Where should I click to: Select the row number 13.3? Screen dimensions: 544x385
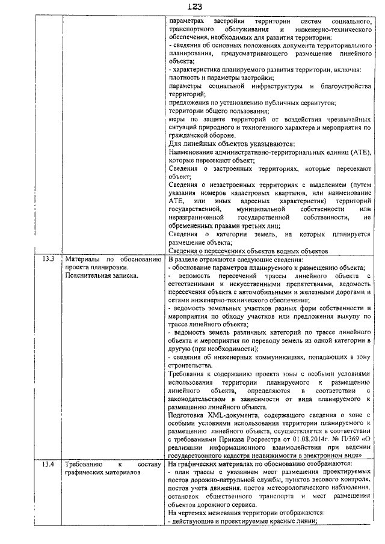coord(49,259)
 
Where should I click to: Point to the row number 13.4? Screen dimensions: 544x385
coord(49,465)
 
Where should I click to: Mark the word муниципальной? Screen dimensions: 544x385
coord(250,208)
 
